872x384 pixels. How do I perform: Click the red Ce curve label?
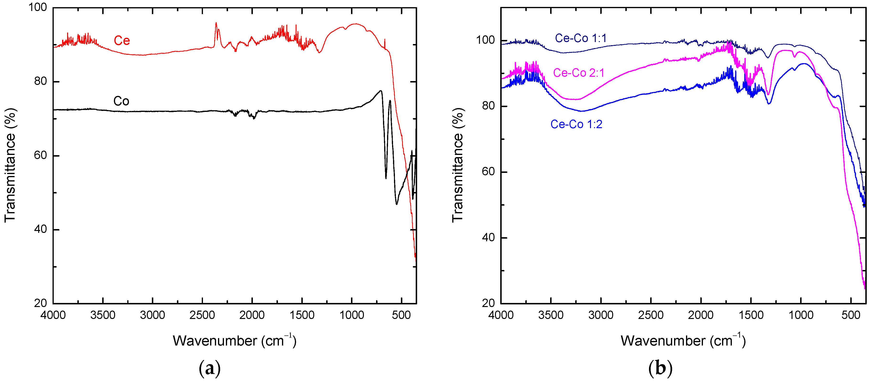click(122, 41)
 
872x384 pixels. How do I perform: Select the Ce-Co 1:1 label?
click(580, 38)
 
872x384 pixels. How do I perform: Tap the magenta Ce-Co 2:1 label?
click(579, 73)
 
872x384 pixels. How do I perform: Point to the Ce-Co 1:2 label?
click(576, 124)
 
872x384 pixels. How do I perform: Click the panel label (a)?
click(210, 368)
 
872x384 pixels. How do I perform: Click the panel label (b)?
click(660, 368)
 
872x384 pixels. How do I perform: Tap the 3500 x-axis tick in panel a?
click(103, 315)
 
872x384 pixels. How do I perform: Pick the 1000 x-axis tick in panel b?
click(801, 315)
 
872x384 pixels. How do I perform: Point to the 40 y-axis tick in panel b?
click(488, 238)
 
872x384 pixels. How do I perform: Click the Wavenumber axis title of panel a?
click(234, 341)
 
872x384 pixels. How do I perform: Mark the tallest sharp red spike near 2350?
click(216, 23)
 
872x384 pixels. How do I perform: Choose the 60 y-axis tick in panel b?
click(488, 172)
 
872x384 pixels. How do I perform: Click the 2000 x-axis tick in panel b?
click(701, 315)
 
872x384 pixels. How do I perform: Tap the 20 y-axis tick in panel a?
click(41, 303)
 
